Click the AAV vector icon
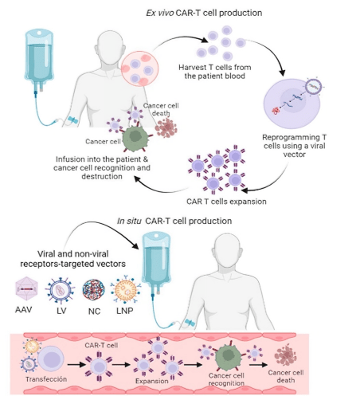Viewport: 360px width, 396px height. click(26, 288)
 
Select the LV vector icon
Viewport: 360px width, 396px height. click(60, 291)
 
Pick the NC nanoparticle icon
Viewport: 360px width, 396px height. click(93, 290)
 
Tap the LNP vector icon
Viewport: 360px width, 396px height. click(126, 290)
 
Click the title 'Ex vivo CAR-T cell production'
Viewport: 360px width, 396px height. click(204, 13)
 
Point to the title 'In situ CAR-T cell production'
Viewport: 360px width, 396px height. click(174, 221)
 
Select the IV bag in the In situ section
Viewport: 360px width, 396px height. click(156, 263)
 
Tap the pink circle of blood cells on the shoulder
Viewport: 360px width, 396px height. click(139, 69)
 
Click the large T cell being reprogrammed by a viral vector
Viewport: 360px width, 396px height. click(292, 104)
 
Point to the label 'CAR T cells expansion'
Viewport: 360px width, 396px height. click(226, 202)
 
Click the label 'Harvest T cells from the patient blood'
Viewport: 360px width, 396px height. click(215, 72)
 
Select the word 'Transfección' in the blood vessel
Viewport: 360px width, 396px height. click(46, 379)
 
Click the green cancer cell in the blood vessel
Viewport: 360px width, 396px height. click(228, 356)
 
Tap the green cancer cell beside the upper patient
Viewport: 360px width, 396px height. click(135, 137)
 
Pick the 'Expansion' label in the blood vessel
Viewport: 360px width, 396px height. click(151, 381)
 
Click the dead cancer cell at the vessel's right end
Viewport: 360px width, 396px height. click(285, 355)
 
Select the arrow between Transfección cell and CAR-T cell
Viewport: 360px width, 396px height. click(76, 364)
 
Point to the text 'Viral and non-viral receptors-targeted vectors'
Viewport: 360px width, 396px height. click(73, 259)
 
